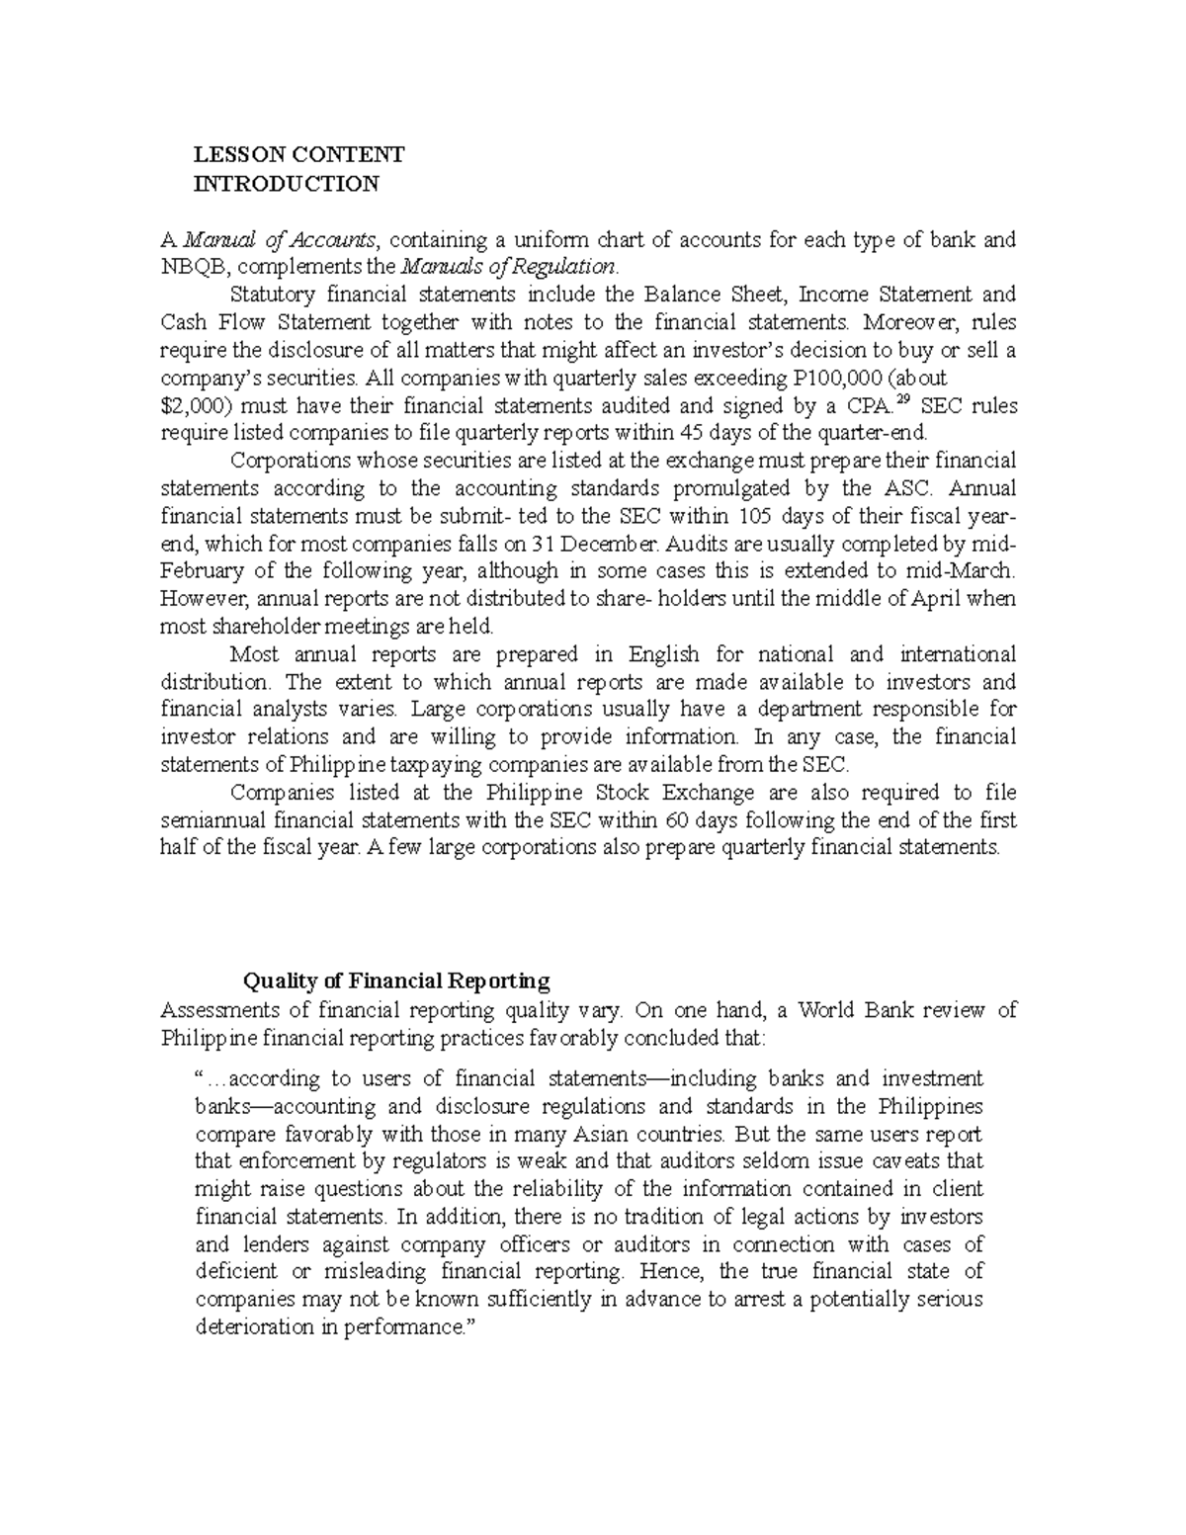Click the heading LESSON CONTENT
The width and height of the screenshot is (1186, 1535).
(298, 154)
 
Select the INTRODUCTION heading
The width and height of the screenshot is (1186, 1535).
(286, 183)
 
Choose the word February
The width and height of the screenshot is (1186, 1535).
(205, 571)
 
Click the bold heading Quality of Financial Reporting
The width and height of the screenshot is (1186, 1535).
(396, 981)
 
